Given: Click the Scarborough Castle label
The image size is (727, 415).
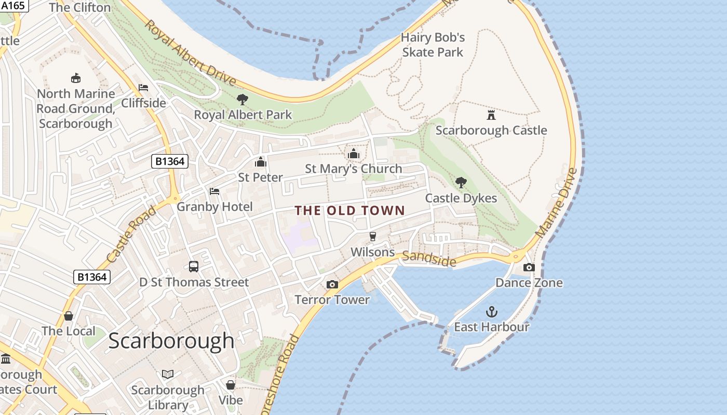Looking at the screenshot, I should click(491, 130).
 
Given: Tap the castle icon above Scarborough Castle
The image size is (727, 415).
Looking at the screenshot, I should click(491, 115).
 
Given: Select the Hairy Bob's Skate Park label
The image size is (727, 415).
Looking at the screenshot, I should click(433, 45).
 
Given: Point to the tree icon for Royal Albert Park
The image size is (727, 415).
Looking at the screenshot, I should click(242, 100).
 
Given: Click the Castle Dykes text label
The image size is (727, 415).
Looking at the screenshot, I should click(461, 198).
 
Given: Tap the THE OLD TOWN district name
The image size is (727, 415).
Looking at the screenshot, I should click(349, 210).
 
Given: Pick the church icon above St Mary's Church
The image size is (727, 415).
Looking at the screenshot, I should click(354, 154).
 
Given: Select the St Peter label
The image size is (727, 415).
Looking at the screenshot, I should click(260, 177).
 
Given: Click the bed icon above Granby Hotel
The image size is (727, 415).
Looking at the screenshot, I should click(214, 191).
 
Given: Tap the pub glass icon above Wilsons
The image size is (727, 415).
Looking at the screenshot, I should click(372, 237).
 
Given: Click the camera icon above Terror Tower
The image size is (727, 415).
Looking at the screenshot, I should click(332, 284).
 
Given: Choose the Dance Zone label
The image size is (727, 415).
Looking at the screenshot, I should click(529, 283).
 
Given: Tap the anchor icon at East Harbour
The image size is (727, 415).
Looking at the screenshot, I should click(491, 312).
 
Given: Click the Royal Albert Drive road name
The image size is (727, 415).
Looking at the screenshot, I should click(190, 53).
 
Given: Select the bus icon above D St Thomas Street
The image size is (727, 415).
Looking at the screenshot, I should click(194, 267).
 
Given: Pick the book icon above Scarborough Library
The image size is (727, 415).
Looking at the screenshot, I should click(168, 374).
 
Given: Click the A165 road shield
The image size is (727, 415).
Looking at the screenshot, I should click(12, 5).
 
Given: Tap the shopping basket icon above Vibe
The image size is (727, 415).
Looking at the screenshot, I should click(231, 385).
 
